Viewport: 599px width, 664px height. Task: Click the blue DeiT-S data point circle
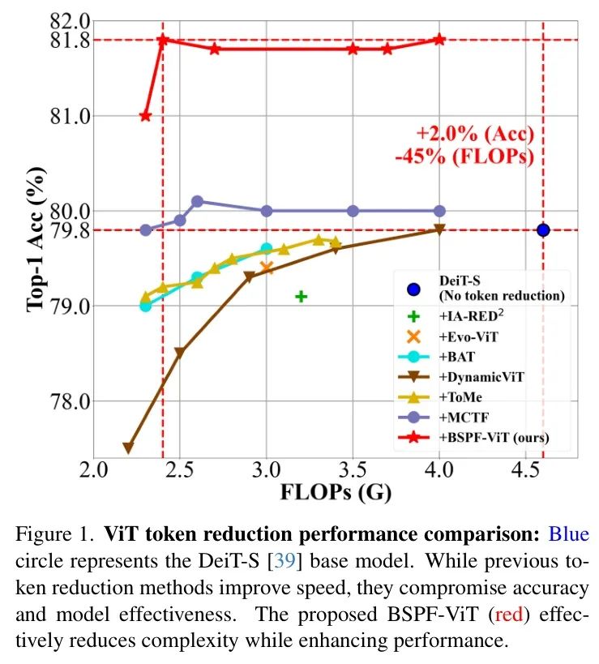[x=543, y=230]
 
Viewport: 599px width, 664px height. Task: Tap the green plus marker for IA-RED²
[x=301, y=296]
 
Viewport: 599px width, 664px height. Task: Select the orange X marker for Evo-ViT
[x=267, y=268]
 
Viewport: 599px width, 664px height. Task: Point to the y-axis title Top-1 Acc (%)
[x=35, y=239]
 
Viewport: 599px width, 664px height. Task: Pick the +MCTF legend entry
[x=463, y=418]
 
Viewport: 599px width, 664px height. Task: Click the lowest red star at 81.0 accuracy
[x=146, y=116]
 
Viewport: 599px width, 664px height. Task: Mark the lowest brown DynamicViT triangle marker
[x=127, y=448]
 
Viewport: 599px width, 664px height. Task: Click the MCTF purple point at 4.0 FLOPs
[x=439, y=211]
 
